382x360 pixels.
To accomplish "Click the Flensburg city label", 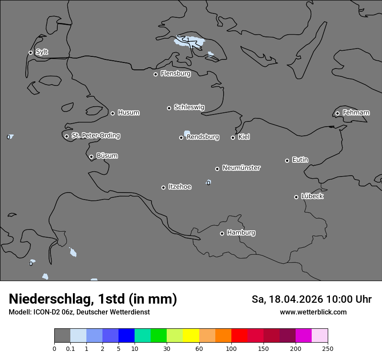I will click(x=175, y=74).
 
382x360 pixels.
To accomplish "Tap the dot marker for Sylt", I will click(x=30, y=52).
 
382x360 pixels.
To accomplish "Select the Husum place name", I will click(x=128, y=113).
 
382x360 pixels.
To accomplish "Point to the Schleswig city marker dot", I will click(x=169, y=108).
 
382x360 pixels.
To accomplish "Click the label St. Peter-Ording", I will click(x=95, y=136).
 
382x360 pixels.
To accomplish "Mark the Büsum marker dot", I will click(x=91, y=157).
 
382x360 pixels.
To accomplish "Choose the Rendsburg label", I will click(x=203, y=137).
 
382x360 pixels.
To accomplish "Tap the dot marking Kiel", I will click(x=233, y=137).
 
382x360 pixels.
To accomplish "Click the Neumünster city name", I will click(x=241, y=168).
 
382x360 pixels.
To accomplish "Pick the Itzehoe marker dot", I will click(x=163, y=187).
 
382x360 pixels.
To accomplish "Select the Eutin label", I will click(x=300, y=160).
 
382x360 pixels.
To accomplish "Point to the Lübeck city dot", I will click(x=296, y=197).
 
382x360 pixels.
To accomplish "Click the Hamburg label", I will click(x=241, y=233).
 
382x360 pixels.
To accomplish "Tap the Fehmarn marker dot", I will click(x=337, y=113).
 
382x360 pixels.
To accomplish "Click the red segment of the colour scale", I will click(x=239, y=336).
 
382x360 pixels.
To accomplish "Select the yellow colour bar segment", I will click(x=191, y=336).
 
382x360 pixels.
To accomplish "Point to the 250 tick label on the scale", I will click(x=327, y=348).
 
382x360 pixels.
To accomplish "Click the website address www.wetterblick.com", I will click(x=313, y=312).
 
